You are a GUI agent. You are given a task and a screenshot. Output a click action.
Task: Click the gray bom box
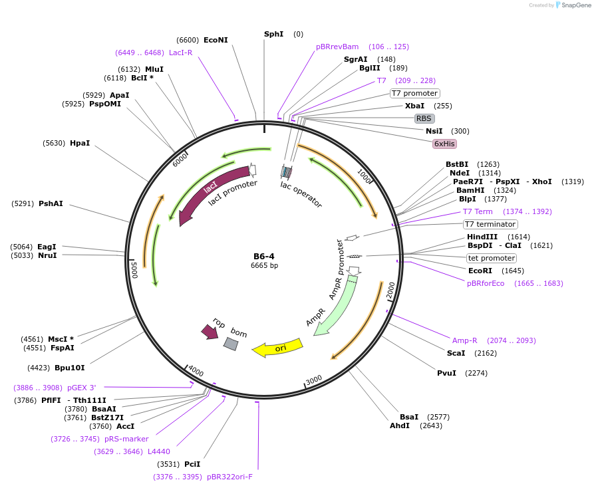point(231,344)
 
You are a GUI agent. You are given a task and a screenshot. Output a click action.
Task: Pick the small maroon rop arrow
point(210,331)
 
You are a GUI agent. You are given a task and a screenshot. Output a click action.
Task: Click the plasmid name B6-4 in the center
point(264,257)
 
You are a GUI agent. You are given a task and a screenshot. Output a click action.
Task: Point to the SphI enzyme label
point(273,34)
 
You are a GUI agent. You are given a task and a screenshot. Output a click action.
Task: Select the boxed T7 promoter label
point(414,93)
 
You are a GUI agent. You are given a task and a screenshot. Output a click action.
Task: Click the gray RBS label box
point(424,118)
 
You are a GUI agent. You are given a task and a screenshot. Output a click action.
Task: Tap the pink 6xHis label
point(445,144)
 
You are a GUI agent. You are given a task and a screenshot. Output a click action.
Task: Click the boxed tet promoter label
point(492,258)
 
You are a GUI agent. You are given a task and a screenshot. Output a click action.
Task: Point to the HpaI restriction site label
point(80,143)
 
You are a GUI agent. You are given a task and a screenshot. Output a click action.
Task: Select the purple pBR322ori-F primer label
point(229,477)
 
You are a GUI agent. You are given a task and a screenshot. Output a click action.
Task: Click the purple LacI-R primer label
point(180,53)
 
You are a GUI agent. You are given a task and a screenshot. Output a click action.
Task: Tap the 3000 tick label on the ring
point(314,380)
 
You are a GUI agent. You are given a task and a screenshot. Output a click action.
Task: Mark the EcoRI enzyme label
point(480,271)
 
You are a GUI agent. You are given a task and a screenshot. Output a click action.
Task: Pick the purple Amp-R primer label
point(465,340)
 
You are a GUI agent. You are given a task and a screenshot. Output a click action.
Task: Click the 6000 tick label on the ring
point(180,160)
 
